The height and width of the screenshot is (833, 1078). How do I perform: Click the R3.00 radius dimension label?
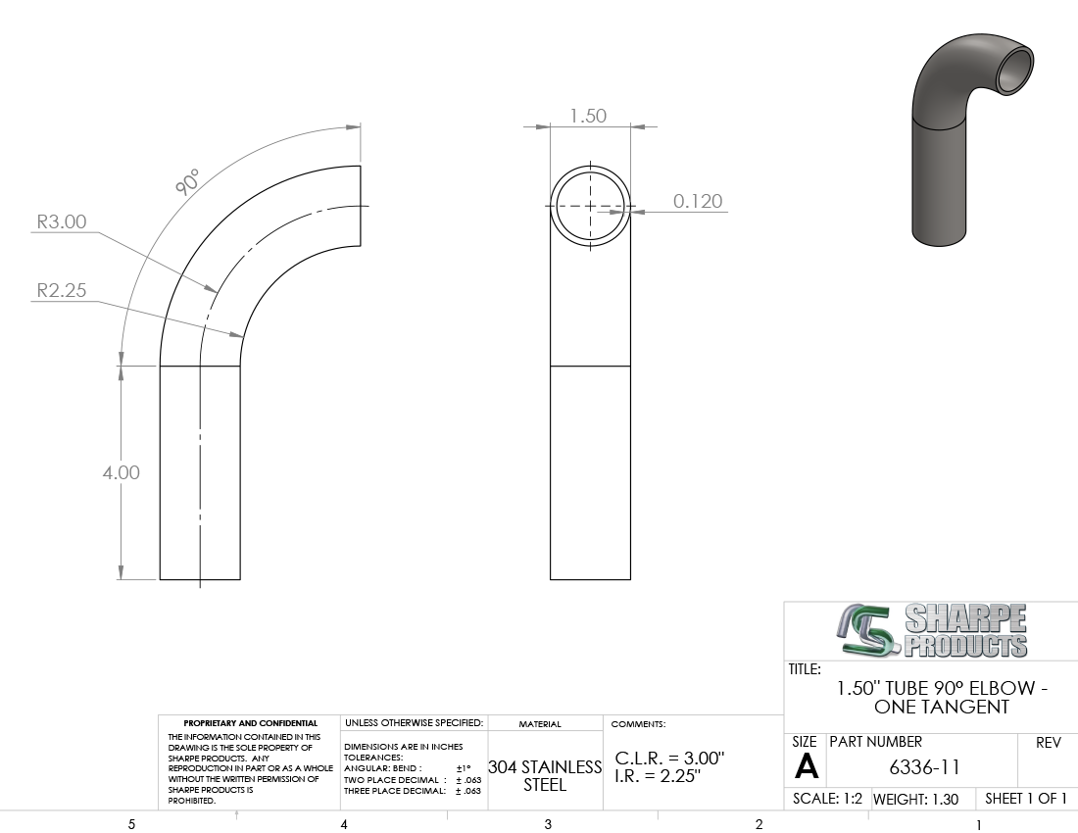61,222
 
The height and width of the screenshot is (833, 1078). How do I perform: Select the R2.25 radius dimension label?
61,290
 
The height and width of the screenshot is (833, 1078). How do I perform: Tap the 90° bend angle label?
188,181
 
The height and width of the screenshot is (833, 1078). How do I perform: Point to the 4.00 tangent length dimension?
121,473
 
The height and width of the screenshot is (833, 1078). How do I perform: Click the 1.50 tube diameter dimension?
588,116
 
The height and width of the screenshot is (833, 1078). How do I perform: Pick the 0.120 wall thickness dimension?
698,201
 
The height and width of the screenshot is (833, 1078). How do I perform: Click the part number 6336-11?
924,767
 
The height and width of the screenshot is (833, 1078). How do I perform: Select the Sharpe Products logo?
932,631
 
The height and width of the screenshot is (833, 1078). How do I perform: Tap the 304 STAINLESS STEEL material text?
545,775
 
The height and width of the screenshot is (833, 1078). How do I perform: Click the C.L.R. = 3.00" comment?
669,759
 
